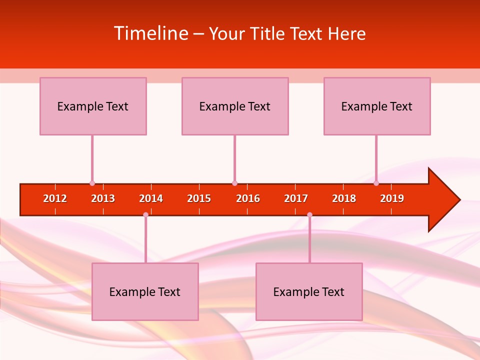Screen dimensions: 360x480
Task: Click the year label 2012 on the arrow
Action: point(55,198)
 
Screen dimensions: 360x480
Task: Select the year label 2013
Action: point(103,198)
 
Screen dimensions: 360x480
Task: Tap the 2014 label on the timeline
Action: point(151,198)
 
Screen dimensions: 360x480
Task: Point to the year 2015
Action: point(199,198)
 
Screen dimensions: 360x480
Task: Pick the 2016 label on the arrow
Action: point(248,198)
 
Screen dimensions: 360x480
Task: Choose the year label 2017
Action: point(296,198)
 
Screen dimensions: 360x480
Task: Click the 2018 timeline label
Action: point(344,198)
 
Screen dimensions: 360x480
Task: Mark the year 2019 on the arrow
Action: point(392,198)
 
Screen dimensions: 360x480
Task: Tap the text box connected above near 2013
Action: point(93,106)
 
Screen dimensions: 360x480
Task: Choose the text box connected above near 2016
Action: point(235,106)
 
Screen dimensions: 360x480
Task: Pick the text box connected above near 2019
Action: point(377,106)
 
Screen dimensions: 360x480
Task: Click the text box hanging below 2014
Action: point(145,291)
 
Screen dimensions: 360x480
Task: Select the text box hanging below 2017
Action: point(309,291)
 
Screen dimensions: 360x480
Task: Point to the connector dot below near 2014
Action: point(145,214)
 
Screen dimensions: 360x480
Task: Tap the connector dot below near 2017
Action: point(309,214)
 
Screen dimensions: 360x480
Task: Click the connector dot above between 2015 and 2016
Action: point(234,183)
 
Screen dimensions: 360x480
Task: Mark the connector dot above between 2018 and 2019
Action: point(376,183)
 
